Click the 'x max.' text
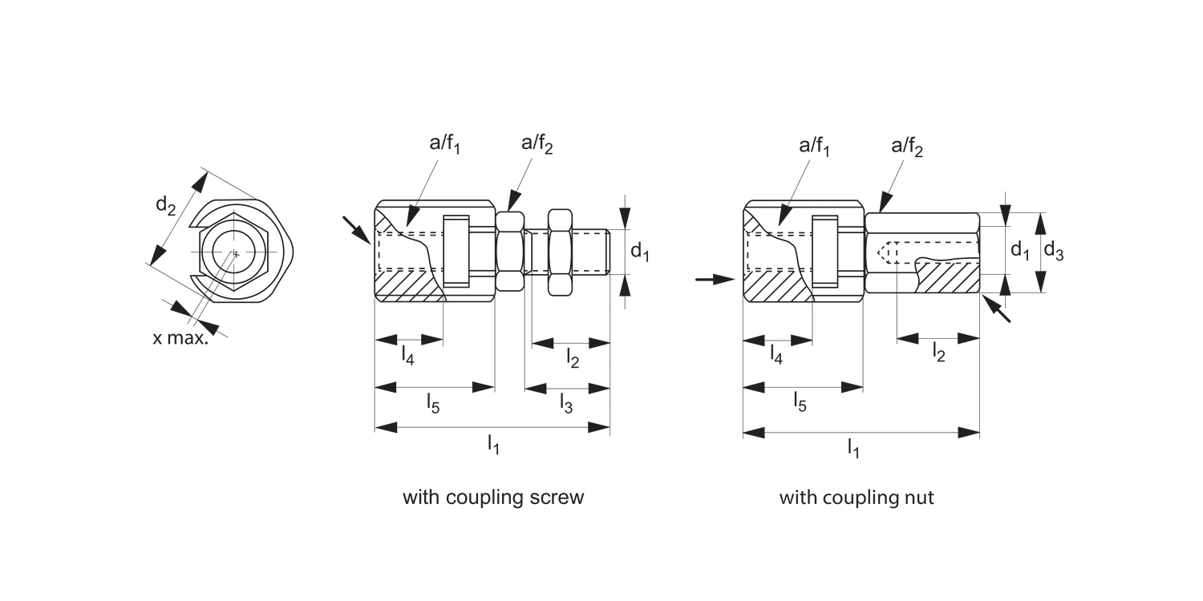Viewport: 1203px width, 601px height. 180,338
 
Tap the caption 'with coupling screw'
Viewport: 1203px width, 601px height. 493,498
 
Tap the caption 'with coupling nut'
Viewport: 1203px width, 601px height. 857,498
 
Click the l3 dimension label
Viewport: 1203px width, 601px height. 566,405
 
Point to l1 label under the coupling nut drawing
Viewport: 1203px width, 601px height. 854,450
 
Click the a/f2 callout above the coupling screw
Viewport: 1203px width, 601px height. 537,144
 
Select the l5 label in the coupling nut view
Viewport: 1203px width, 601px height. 800,402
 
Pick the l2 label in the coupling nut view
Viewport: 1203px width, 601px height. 938,353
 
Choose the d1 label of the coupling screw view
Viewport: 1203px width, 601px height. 639,252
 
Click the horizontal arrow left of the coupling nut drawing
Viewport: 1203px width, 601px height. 714,279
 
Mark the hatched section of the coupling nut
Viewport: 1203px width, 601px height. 946,277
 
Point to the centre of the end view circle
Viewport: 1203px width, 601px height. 235,253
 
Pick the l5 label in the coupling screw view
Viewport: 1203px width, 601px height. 432,402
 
